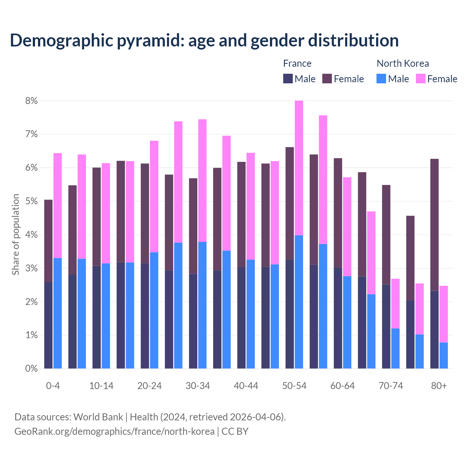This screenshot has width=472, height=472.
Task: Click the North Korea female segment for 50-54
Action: [x=299, y=168]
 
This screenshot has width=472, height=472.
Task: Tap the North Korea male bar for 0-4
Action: [x=58, y=313]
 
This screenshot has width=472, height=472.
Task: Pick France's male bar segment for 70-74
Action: [x=386, y=326]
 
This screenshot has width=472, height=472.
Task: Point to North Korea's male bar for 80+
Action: [x=444, y=355]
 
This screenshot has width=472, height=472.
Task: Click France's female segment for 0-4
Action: [x=48, y=241]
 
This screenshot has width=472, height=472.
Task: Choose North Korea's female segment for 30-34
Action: [x=202, y=180]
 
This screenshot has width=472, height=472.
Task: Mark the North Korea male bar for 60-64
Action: [x=347, y=322]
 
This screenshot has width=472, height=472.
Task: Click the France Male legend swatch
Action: [x=288, y=79]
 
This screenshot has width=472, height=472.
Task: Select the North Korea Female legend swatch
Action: [x=421, y=79]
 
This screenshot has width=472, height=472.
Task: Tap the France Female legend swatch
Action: [x=327, y=79]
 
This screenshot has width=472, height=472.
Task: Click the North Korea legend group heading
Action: [x=403, y=63]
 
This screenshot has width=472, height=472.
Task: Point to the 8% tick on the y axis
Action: [x=31, y=101]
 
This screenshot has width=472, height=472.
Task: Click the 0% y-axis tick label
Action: [x=31, y=368]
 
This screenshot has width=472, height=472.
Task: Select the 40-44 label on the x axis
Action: [x=246, y=386]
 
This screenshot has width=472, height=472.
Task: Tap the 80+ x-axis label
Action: [x=439, y=386]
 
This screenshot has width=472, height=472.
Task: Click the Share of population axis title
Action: [x=15, y=235]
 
